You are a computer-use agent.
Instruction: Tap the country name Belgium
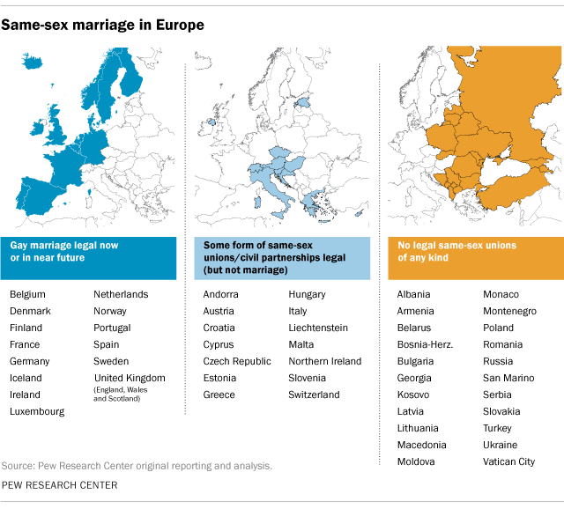[27, 295]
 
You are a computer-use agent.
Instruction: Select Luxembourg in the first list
[37, 411]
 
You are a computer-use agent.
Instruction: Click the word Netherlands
[121, 295]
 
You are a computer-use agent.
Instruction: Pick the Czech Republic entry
[237, 362]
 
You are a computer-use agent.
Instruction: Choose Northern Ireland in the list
[324, 362]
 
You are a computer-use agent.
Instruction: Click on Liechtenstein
[317, 328]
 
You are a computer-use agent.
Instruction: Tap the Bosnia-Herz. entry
[425, 344]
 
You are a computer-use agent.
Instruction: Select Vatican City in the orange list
[508, 461]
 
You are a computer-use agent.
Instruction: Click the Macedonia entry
[421, 445]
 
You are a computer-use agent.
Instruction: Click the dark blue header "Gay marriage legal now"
[63, 246]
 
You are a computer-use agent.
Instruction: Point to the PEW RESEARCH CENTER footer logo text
[59, 485]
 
